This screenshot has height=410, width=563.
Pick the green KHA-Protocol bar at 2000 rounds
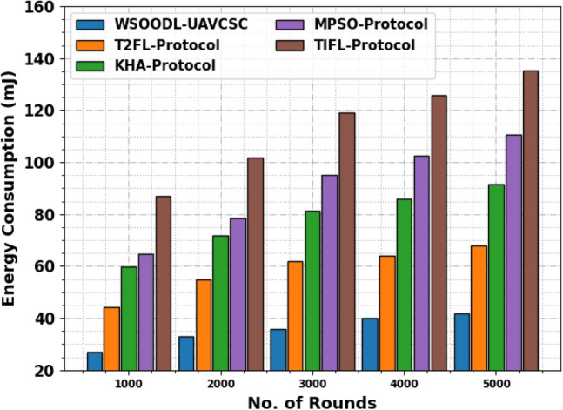click(x=220, y=303)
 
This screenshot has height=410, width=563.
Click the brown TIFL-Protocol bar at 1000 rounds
click(x=164, y=283)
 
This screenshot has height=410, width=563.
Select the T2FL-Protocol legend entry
click(x=151, y=44)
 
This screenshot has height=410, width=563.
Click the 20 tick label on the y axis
click(x=44, y=372)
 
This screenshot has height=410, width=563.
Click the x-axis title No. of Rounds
click(x=312, y=401)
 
